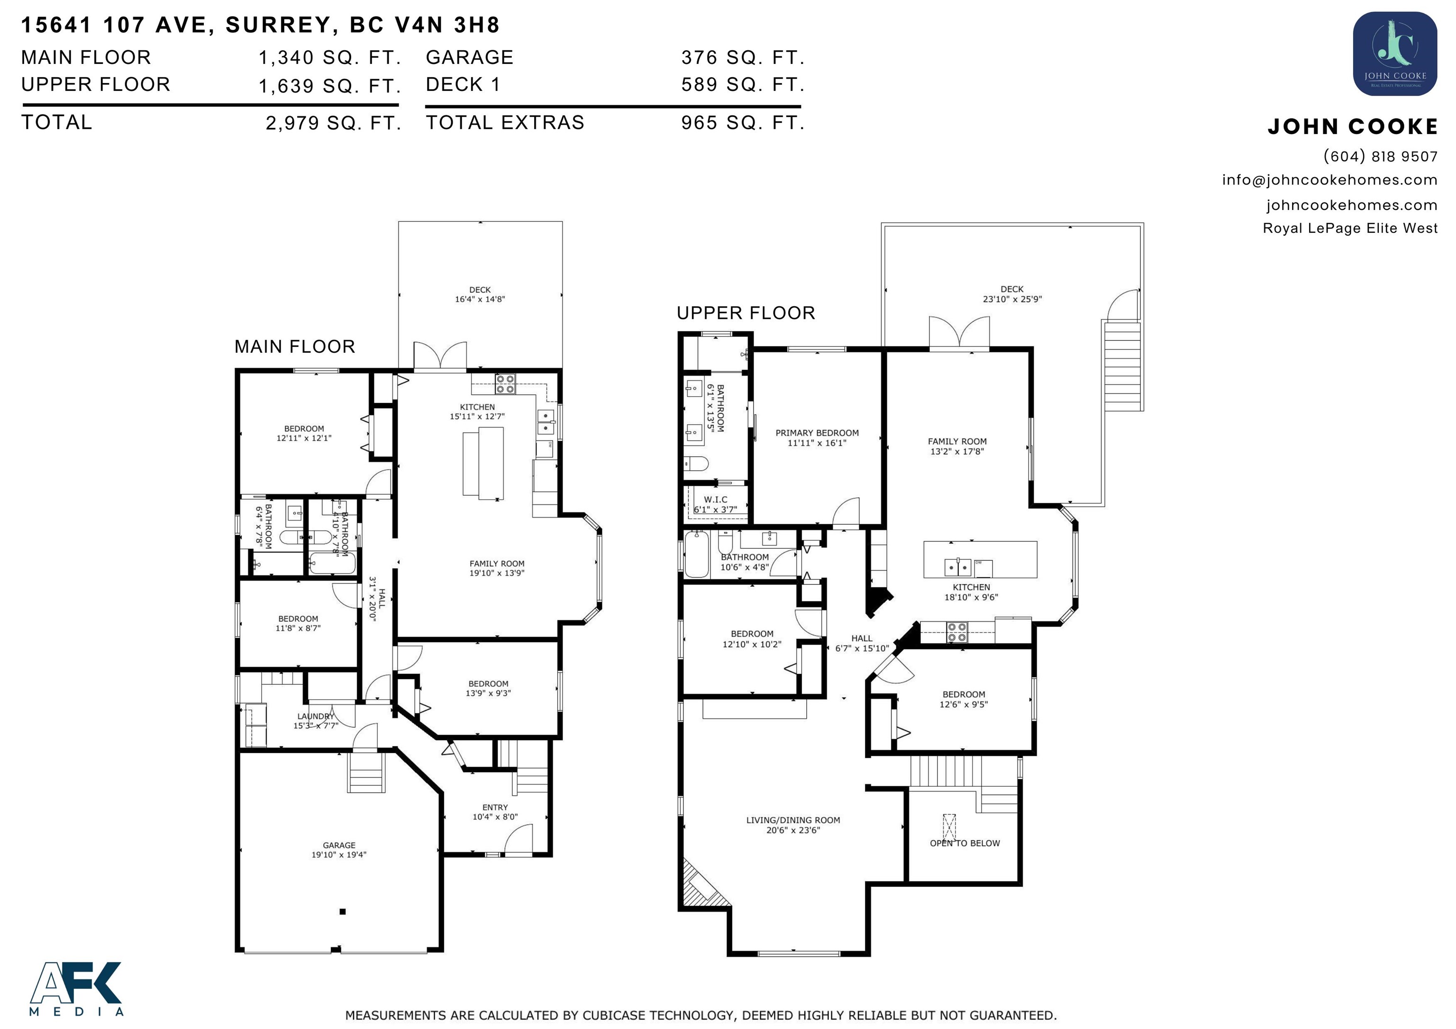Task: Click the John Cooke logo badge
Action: click(x=1395, y=54)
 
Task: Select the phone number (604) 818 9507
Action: click(x=1381, y=156)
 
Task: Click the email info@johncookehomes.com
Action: click(x=1330, y=180)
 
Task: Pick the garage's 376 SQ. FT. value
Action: click(x=743, y=58)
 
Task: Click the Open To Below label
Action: click(x=965, y=843)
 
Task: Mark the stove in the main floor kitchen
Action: click(x=505, y=383)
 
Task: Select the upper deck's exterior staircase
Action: click(x=1122, y=366)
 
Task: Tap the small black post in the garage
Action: click(x=343, y=912)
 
